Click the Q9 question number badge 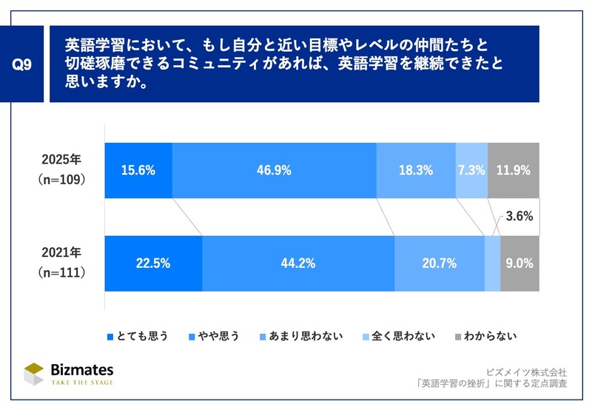pos(21,64)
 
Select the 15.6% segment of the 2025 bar pos(138,170)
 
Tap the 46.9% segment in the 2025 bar pos(275,170)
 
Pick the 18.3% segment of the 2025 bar pos(416,170)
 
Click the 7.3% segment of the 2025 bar pos(472,170)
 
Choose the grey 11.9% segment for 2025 pos(514,170)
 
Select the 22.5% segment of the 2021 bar pos(154,263)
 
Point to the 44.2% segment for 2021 pos(299,263)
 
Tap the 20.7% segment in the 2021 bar pos(440,263)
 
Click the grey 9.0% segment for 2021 pos(520,263)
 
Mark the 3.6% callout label pos(519,216)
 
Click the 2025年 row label pos(61,159)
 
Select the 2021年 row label pos(61,252)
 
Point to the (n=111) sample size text pos(61,272)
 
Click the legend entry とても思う pos(138,336)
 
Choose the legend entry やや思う pos(214,336)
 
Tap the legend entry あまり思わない pos(301,336)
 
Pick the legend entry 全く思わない pos(399,336)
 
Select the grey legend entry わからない pos(486,336)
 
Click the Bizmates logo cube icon pos(34,374)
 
